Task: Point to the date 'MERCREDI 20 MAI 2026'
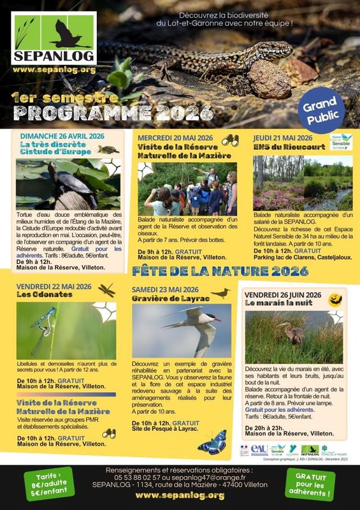[175, 138]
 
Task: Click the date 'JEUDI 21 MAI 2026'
[283, 138]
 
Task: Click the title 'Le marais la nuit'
[278, 303]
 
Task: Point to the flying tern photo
[182, 330]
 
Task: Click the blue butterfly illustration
[212, 442]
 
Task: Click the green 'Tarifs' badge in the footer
[46, 486]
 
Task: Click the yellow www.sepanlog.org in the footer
[180, 495]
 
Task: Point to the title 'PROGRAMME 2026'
[112, 112]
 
